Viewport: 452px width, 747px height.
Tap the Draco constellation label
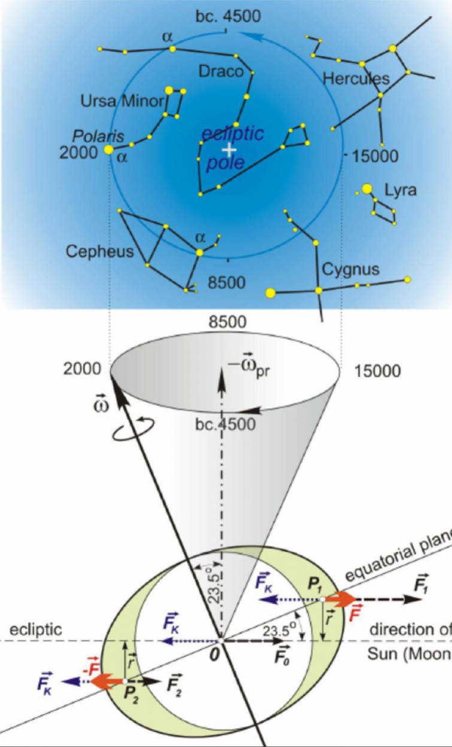click(221, 72)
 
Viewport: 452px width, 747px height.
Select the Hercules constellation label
click(356, 79)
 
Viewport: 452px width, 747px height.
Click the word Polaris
click(98, 137)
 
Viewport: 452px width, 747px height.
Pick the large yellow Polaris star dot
click(108, 150)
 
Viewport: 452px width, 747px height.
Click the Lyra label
click(400, 191)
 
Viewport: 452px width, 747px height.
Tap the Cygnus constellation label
click(350, 270)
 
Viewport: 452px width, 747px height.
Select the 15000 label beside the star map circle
click(374, 156)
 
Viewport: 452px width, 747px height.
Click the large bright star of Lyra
click(366, 189)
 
